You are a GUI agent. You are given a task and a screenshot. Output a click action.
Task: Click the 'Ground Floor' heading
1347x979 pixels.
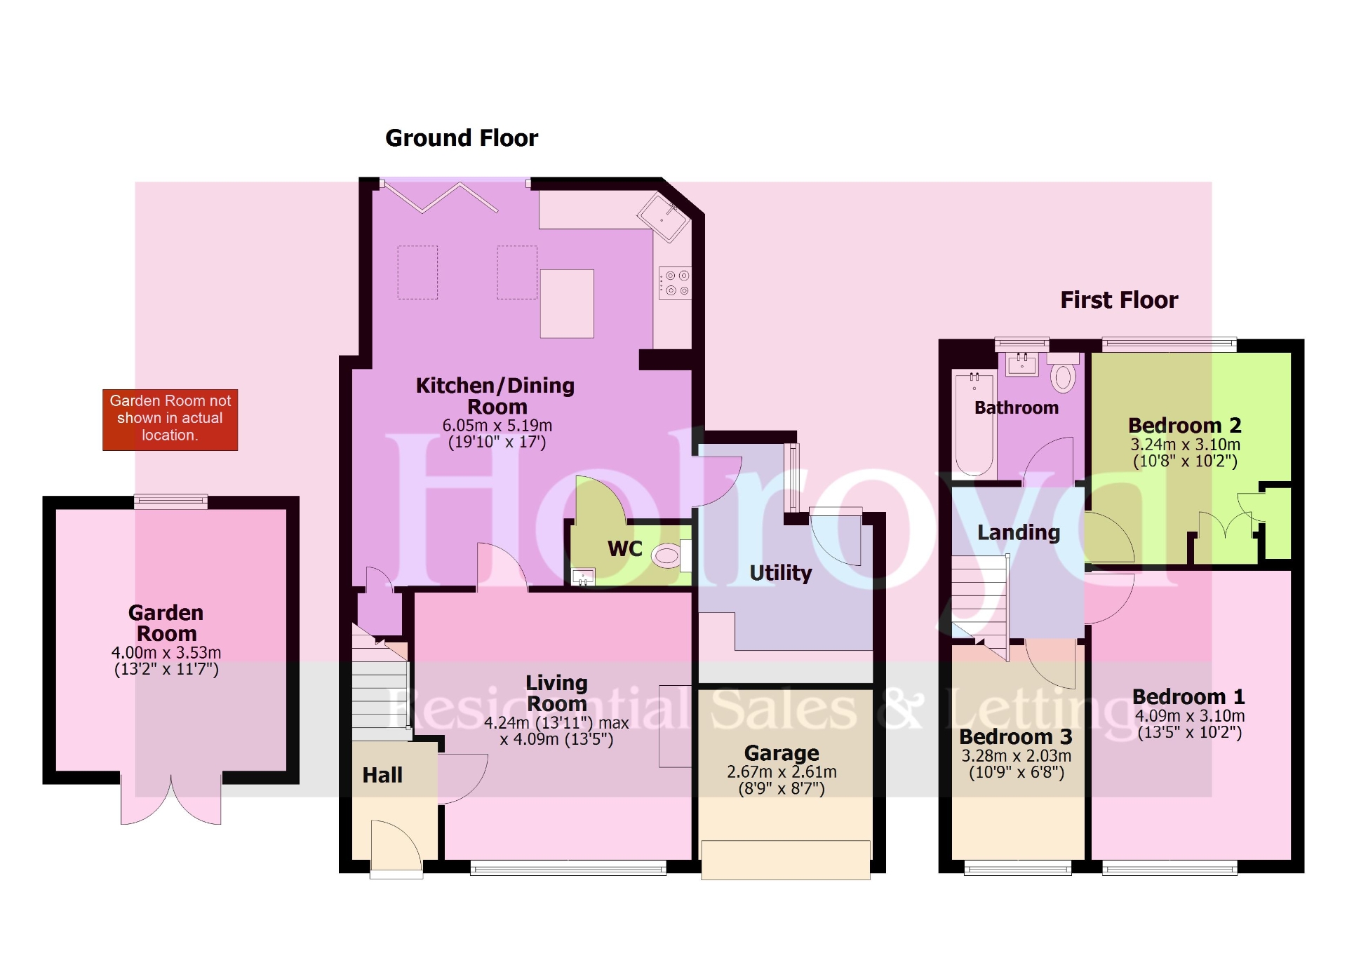coord(462,138)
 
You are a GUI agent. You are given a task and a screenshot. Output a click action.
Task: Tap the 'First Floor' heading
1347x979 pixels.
coord(1119,300)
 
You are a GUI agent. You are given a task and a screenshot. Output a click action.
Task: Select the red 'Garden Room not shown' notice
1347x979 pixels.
coord(170,419)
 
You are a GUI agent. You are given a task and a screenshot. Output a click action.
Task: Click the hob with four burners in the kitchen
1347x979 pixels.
coord(675,283)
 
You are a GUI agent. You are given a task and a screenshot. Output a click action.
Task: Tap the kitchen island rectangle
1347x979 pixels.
coord(567,304)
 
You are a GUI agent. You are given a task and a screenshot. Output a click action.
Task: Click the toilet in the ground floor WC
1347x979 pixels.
coord(667,556)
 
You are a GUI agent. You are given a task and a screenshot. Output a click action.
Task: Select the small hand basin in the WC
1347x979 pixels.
coord(583,578)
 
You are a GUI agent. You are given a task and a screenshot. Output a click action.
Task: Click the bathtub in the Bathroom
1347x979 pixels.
coord(974,424)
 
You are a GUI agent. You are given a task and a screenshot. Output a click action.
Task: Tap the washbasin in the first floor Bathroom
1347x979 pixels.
coord(1021,364)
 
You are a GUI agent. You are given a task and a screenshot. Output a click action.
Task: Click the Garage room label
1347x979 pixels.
coord(782,753)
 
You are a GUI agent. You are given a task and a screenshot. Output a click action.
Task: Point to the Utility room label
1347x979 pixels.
coord(780,573)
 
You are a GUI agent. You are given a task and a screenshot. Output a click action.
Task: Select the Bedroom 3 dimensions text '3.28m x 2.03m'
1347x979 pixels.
coord(1016,756)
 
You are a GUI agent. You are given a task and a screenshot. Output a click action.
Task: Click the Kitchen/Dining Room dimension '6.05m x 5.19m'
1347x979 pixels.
coord(497,426)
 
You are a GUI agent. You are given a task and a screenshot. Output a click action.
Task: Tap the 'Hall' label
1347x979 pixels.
coord(382,775)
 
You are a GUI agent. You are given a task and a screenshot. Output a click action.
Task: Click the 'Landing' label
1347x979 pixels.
coord(1018,533)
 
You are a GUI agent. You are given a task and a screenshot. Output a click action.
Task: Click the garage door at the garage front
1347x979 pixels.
coord(785,859)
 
